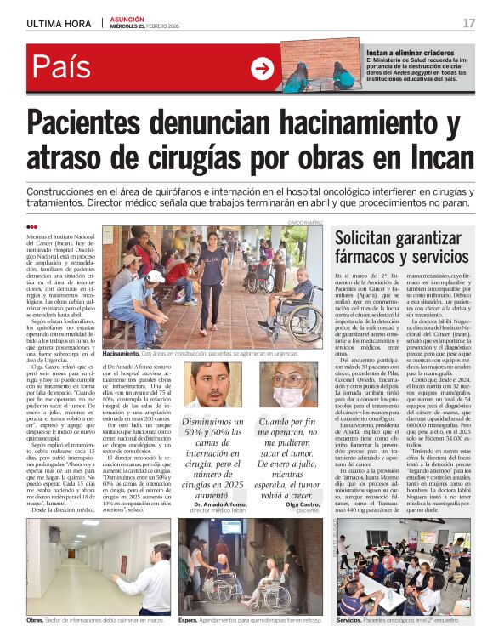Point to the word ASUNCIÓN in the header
127,19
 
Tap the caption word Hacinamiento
121,352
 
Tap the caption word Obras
35,620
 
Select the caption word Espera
190,620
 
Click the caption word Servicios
348,620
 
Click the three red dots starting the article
32,226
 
